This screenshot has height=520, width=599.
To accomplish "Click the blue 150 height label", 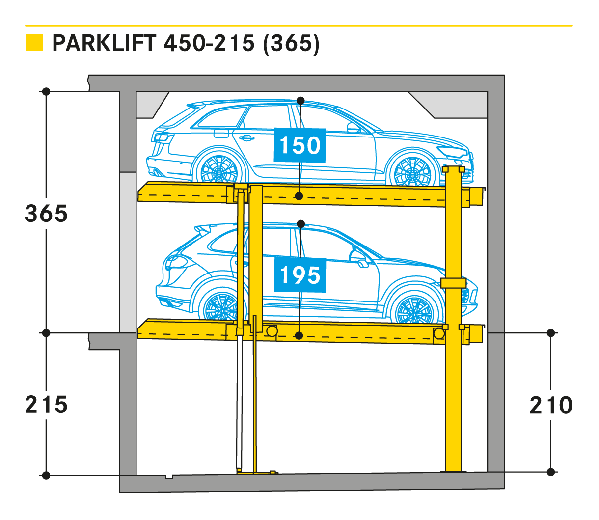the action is point(299,145).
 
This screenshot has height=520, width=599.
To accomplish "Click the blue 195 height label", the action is point(299,275).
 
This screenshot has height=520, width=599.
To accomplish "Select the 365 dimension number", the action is point(46,214).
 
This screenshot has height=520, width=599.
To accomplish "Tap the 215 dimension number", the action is point(46,405).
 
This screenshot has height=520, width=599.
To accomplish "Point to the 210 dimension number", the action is point(551,405).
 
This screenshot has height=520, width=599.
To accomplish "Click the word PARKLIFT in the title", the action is point(104,43).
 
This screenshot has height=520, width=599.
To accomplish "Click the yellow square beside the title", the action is point(34,43).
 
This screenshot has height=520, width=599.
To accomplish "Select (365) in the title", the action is point(291,44).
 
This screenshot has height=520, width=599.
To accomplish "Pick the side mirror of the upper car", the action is point(353,127).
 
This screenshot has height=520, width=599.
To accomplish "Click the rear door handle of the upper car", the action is point(246,138).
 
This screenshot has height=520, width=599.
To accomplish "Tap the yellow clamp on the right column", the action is point(453,283).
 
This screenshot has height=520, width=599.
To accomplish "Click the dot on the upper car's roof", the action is point(300,101).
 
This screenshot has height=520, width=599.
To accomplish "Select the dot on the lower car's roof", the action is point(300,224).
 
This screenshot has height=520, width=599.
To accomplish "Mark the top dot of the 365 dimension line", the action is point(46,92).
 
